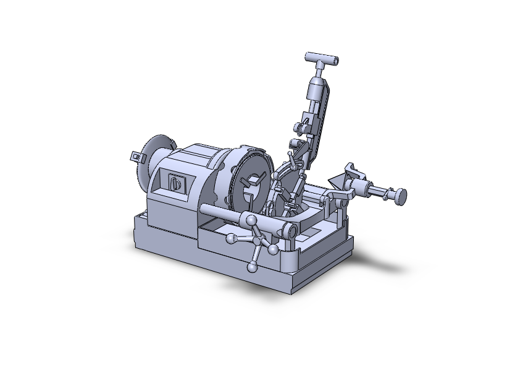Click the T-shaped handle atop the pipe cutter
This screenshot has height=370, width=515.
[322, 59]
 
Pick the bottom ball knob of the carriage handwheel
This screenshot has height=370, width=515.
[252, 268]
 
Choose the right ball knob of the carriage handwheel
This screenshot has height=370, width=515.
[272, 249]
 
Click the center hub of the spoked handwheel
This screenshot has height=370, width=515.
[256, 242]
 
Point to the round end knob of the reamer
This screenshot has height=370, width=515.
[402, 196]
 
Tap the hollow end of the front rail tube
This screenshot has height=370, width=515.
[288, 232]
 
